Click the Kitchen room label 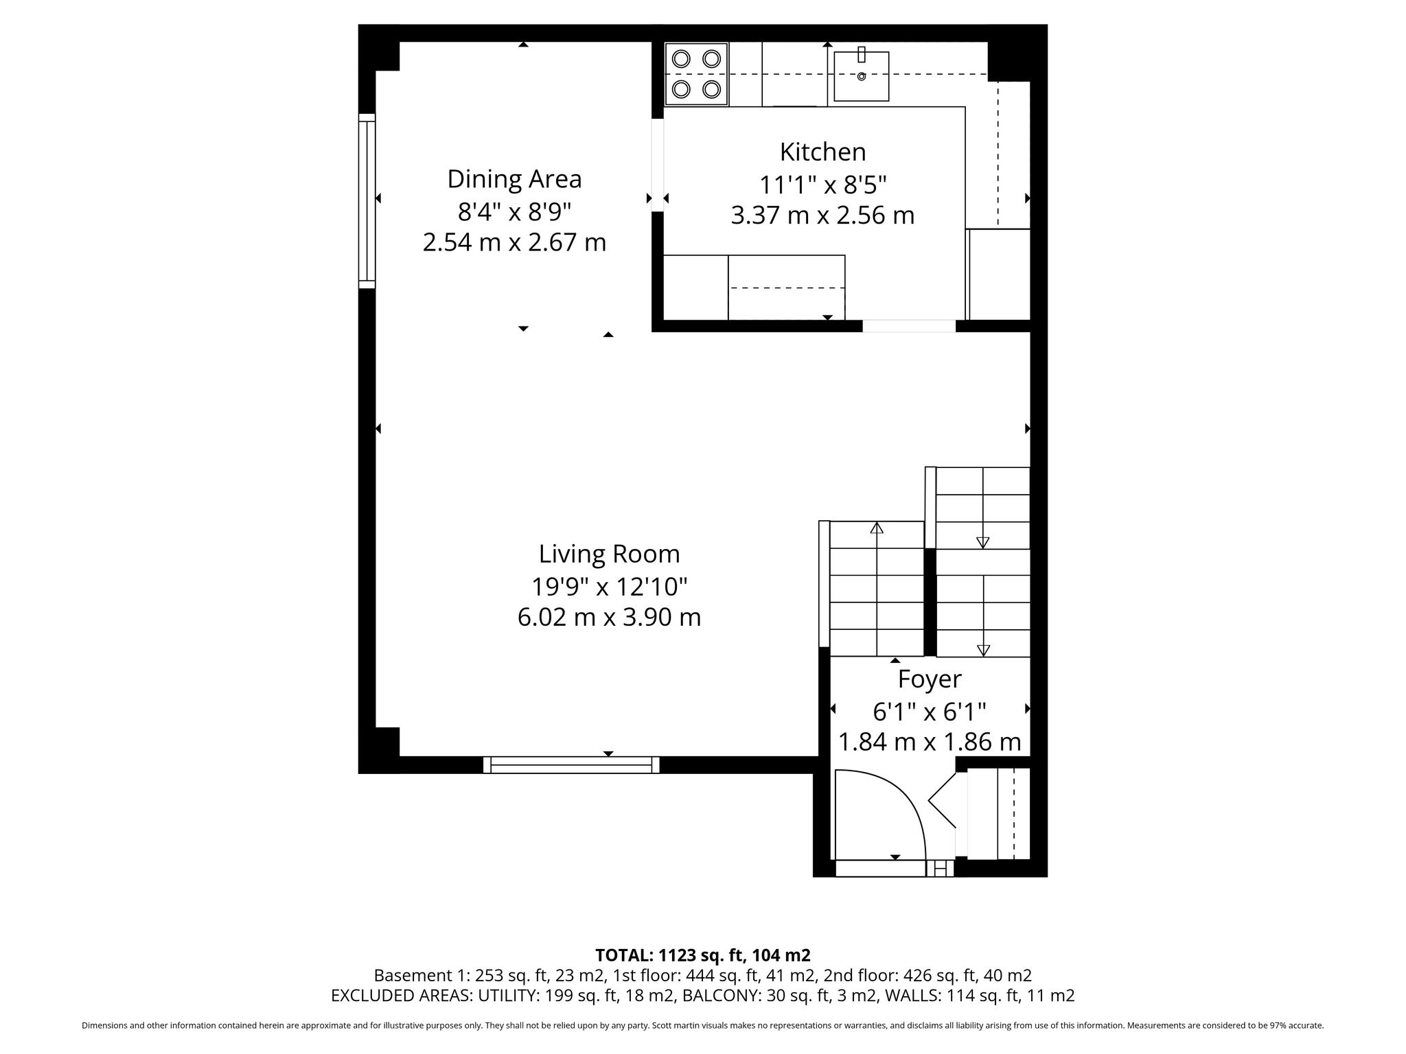[x=822, y=152]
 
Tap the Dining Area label [x=514, y=179]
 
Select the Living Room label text [x=609, y=554]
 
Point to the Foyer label [x=930, y=679]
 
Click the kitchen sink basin [x=862, y=76]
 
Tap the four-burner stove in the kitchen [x=696, y=74]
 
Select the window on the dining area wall [x=367, y=200]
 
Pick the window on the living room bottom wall [x=571, y=765]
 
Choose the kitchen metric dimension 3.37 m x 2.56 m [x=822, y=215]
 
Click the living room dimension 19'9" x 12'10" [x=609, y=587]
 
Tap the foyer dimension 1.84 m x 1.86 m [x=930, y=742]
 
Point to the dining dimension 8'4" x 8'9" [x=514, y=212]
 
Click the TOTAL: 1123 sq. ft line [x=702, y=955]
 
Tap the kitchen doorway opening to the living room [x=909, y=326]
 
